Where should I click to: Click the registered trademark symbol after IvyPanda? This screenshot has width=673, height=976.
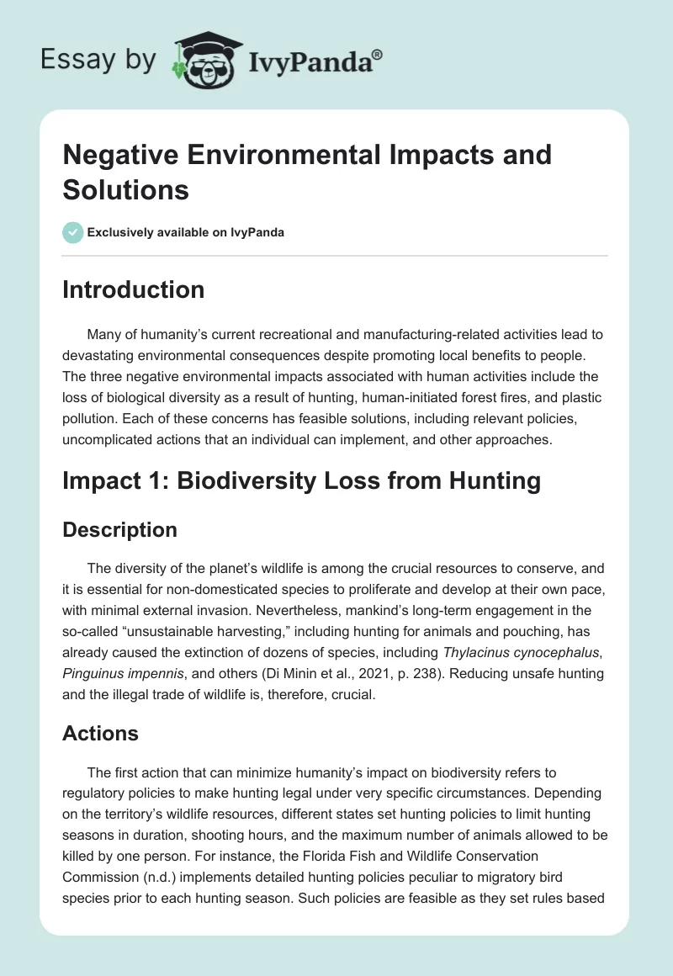click(378, 56)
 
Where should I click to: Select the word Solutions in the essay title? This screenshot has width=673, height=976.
click(125, 189)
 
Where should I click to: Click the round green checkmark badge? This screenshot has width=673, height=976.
click(73, 232)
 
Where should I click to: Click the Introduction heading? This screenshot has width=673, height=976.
click(134, 289)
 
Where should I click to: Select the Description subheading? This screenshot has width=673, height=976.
click(119, 530)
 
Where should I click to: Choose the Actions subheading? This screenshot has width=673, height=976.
click(100, 734)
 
